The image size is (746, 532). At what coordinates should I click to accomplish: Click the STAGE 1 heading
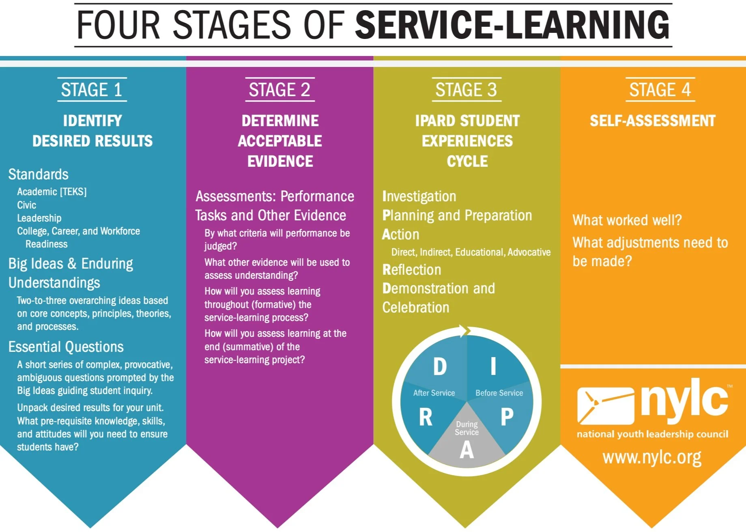(x=92, y=90)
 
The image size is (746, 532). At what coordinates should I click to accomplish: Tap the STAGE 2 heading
(x=279, y=90)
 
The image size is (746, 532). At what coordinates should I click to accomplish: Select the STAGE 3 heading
(x=466, y=90)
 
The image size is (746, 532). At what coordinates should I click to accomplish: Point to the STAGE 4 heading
(x=660, y=90)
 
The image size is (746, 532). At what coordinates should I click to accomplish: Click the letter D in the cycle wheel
(x=440, y=366)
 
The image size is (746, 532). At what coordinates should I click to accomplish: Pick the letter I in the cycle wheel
(x=493, y=366)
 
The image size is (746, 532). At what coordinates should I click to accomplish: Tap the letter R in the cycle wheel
(x=426, y=417)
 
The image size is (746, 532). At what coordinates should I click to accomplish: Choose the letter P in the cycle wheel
(x=507, y=417)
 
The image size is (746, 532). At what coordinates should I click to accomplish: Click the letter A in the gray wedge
(x=467, y=450)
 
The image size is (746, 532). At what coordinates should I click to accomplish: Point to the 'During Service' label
(x=467, y=428)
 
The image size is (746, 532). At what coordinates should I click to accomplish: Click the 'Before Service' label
(x=499, y=393)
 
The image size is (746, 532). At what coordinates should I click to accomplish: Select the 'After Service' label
(x=434, y=393)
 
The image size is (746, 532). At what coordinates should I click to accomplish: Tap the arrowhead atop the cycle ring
(x=464, y=331)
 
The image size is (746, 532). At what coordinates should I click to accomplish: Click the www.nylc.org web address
(x=652, y=457)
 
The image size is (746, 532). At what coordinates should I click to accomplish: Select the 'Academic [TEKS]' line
(x=52, y=192)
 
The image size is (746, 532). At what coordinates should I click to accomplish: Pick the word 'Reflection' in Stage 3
(x=412, y=270)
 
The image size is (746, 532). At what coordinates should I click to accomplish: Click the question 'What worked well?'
(x=627, y=220)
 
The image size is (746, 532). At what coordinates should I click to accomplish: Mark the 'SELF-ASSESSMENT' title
(x=652, y=121)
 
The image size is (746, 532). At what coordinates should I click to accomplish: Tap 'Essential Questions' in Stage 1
(x=66, y=347)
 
